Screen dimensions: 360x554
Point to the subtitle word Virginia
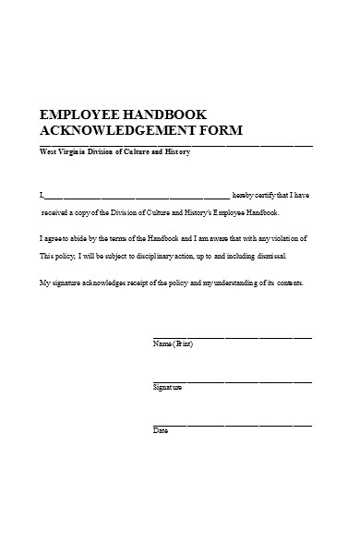coord(76,152)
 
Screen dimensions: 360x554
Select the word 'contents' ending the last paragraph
coord(284,283)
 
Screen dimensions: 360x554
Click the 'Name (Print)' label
coord(173,344)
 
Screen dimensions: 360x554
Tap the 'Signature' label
coord(167,387)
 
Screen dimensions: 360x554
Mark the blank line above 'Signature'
coord(231,380)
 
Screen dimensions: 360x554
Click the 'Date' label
coord(160,431)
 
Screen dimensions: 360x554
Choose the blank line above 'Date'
coord(231,424)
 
